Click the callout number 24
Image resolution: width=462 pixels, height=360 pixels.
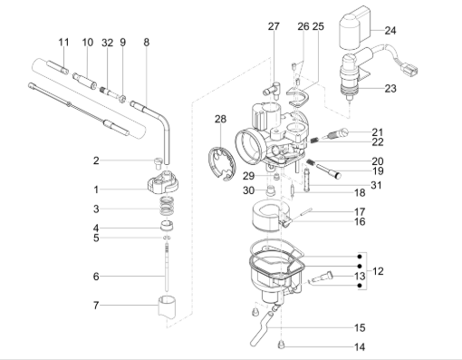coord(390,30)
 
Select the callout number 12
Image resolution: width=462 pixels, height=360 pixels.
coord(378,271)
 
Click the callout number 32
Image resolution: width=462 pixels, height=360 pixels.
coord(108,43)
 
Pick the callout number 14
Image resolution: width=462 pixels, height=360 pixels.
coord(360,347)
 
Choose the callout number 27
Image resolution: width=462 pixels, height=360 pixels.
coord(274,27)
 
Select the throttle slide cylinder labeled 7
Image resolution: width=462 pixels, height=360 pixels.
coord(166,306)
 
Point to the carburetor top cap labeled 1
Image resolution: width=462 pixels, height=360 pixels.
coord(160,189)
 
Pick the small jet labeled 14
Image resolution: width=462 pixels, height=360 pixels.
coord(282,344)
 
